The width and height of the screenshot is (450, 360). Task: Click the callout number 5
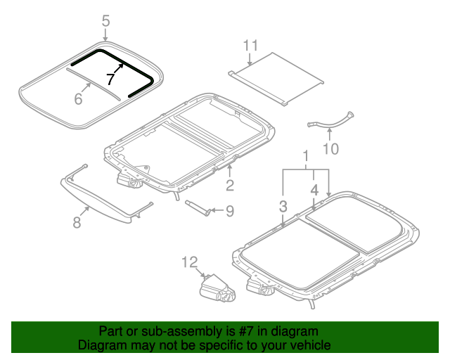[x=105, y=22]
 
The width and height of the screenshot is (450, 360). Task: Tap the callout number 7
[x=110, y=79]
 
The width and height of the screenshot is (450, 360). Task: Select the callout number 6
[x=78, y=99]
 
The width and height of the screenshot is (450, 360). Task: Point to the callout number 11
[x=251, y=46]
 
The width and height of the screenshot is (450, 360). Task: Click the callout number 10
[x=330, y=148]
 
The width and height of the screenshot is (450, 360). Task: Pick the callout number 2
[x=229, y=185]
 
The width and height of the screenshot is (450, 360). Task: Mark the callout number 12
[x=190, y=262]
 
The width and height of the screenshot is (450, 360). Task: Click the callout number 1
[x=306, y=155]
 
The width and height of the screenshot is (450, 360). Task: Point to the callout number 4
[x=315, y=190]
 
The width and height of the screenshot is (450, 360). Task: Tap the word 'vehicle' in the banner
[x=309, y=345]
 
